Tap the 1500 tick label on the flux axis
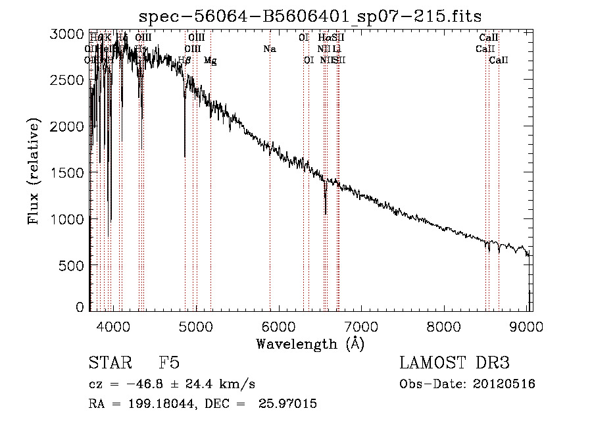coord(68,172)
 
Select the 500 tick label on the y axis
coord(72,265)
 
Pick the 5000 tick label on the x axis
coord(195,325)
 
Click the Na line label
coord(269,49)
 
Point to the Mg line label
coord(210,61)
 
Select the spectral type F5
coord(169,363)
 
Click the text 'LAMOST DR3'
coord(454,363)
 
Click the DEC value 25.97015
coord(289,404)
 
